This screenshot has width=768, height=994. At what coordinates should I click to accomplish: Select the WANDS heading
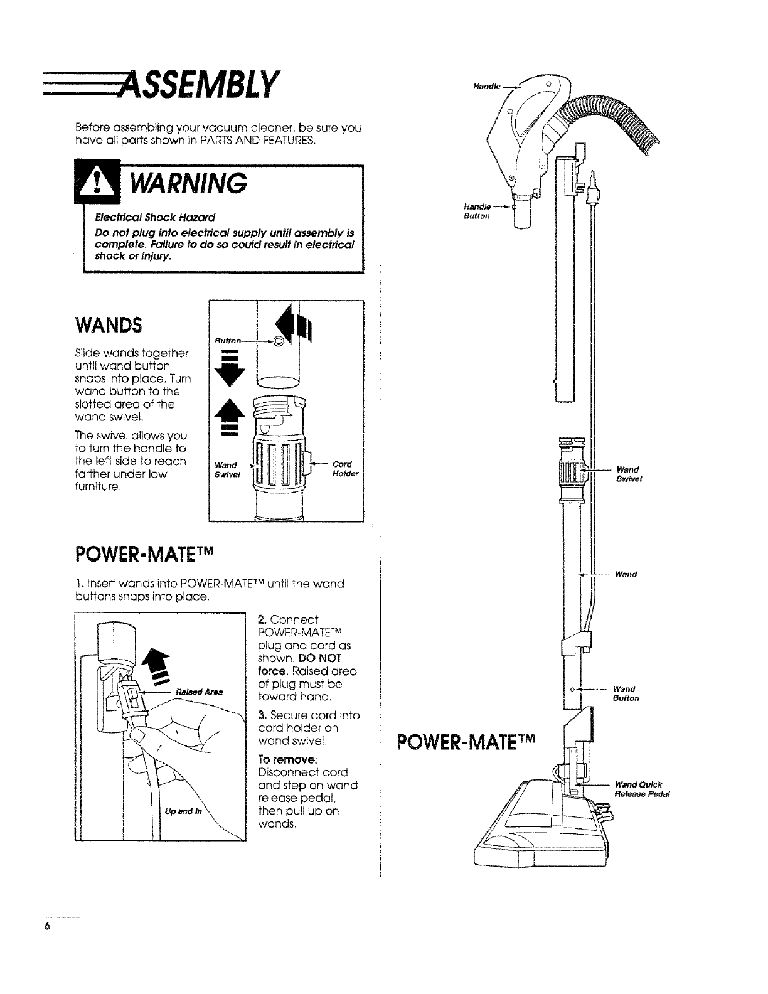point(109,326)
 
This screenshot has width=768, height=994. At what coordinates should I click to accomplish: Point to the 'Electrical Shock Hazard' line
point(154,217)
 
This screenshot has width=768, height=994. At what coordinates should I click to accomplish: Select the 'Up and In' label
point(183,811)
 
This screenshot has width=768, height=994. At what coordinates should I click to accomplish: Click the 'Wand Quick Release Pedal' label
point(642,789)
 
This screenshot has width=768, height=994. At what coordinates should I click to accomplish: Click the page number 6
point(47,926)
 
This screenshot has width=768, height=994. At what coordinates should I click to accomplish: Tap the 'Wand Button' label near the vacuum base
point(627,693)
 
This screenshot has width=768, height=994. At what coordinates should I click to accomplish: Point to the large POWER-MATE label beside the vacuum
point(469,745)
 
